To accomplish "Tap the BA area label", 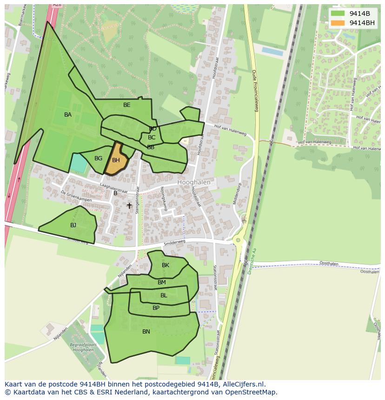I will tap(68, 115).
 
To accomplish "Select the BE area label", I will tap(127, 105).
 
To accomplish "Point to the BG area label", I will tap(98, 158).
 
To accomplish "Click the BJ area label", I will tap(73, 225).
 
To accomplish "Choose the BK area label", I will tap(166, 265).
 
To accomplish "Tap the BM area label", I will tap(162, 282).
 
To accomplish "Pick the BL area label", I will tap(164, 295).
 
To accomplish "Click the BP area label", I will tap(156, 308).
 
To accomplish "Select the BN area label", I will tap(146, 332).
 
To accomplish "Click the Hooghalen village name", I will tap(194, 183).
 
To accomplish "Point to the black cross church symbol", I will tap(129, 205).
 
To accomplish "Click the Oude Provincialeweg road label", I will tap(255, 91).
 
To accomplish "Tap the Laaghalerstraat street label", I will tap(113, 187).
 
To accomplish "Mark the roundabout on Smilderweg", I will tap(239, 240).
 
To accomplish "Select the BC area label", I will tap(152, 138).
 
